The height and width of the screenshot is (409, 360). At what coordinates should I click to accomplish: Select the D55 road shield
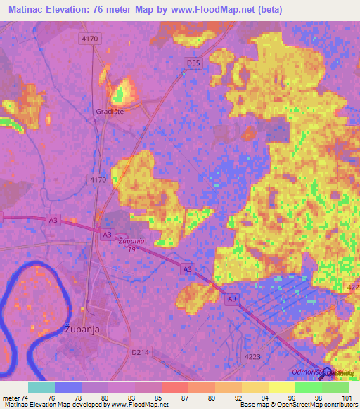[193, 63]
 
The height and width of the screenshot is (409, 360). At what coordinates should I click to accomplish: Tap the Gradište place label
[110, 111]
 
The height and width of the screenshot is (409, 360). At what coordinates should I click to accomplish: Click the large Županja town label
[82, 328]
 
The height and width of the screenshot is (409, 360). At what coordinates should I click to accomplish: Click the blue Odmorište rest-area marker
[326, 371]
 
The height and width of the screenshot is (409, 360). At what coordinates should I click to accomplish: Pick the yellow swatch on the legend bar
[281, 387]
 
